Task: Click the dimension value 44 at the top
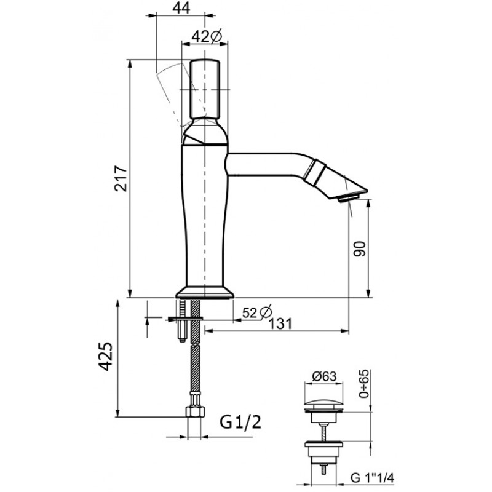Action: point(181,7)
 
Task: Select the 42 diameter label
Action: point(207,36)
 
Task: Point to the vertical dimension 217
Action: point(121,178)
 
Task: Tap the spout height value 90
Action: point(360,249)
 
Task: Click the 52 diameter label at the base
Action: point(257,312)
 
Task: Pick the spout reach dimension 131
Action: point(280,323)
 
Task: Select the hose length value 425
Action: point(105,357)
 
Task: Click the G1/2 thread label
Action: point(240,422)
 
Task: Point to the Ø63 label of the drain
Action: point(324,376)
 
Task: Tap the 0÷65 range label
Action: point(365,384)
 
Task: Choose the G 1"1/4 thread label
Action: point(372,478)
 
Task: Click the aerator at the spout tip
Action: point(347,198)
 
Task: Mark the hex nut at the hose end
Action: point(195,411)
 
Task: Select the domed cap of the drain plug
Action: point(323,403)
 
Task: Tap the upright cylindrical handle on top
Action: point(205,89)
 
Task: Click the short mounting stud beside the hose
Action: point(182,320)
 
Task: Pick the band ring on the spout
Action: point(314,173)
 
